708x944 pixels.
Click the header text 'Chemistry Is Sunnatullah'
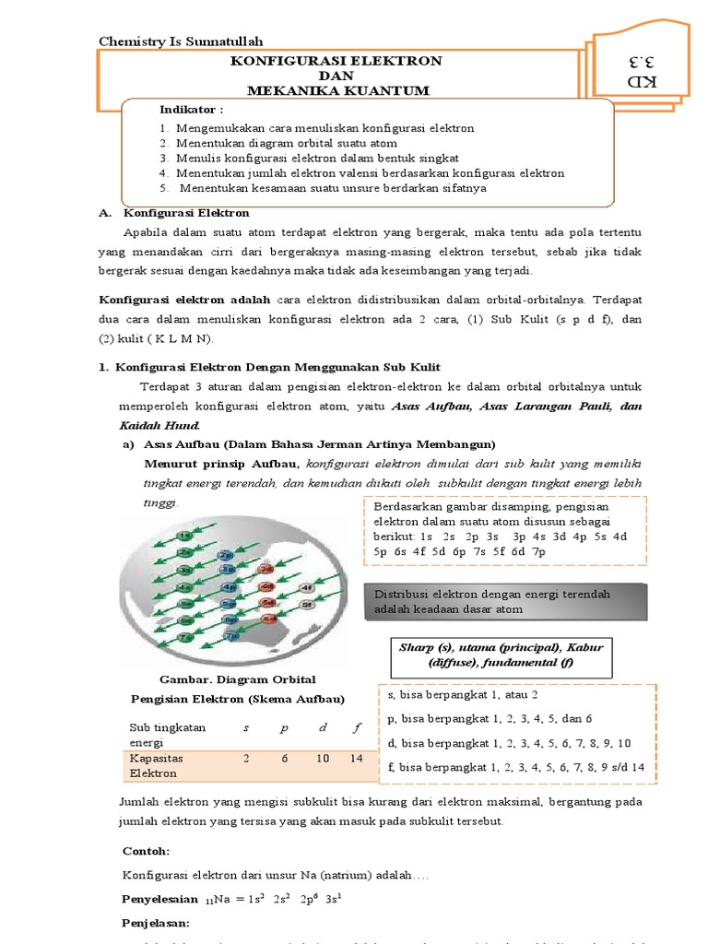pos(181,41)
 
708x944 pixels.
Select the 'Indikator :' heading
pos(191,110)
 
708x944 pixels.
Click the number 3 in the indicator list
pos(162,158)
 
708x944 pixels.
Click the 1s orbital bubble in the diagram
pos(186,536)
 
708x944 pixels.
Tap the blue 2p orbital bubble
pos(226,555)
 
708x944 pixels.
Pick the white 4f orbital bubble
pos(308,587)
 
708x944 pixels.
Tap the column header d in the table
pos(323,727)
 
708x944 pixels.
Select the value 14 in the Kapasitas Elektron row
pos(357,758)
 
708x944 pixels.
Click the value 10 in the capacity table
pos(323,758)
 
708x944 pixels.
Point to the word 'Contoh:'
pos(146,849)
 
